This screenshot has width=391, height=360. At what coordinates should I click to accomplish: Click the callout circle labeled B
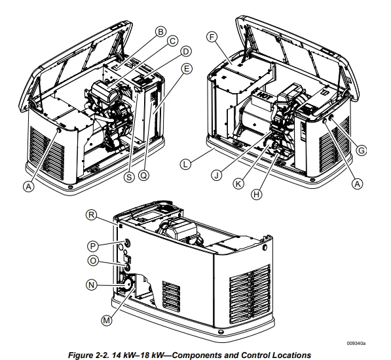(160, 31)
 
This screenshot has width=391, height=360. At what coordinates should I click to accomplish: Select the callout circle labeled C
(172, 41)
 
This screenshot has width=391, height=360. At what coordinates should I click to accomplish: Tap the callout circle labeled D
(186, 52)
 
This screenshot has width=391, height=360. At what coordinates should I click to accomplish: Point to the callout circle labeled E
(187, 69)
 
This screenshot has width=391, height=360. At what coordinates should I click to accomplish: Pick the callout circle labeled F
(212, 37)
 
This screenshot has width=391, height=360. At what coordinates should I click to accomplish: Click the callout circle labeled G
(361, 150)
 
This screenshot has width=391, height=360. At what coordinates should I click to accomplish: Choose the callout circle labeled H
(257, 194)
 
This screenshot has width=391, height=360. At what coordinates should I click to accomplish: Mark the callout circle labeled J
(216, 175)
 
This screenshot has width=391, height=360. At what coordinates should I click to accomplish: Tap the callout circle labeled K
(238, 184)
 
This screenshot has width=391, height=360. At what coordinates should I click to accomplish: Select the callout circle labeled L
(185, 165)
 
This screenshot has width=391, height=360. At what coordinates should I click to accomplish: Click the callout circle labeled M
(107, 320)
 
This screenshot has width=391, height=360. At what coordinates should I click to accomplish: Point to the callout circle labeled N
(92, 285)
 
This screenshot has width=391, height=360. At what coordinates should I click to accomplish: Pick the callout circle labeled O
(93, 260)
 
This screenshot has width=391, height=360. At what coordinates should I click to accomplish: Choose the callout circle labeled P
(93, 246)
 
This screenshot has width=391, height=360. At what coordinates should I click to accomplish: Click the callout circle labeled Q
(143, 175)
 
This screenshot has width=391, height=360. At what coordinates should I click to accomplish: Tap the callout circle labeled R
(92, 215)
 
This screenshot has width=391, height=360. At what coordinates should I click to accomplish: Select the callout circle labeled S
(129, 177)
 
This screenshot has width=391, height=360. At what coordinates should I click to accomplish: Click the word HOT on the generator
(263, 95)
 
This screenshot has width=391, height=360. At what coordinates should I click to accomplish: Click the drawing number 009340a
(356, 343)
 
